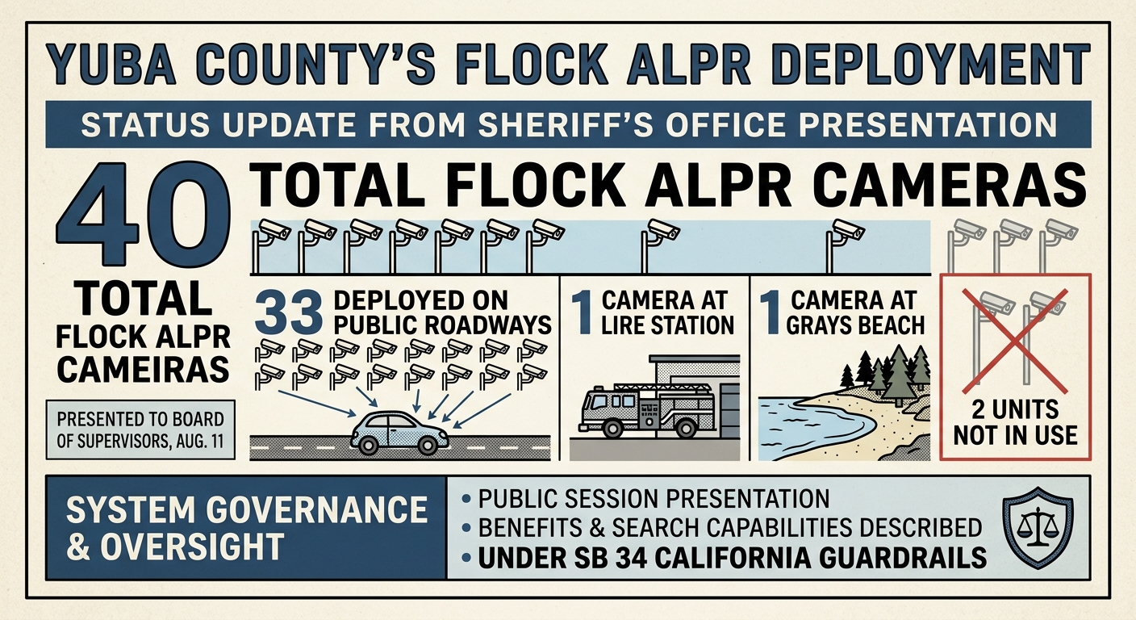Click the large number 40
[143, 215]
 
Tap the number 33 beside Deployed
[289, 312]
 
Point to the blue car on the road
[399, 432]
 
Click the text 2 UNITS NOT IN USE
[1015, 423]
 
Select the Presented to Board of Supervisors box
[140, 429]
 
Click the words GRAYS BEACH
[855, 325]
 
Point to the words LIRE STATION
[667, 325]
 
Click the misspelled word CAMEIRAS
[143, 370]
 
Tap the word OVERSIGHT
[192, 547]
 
